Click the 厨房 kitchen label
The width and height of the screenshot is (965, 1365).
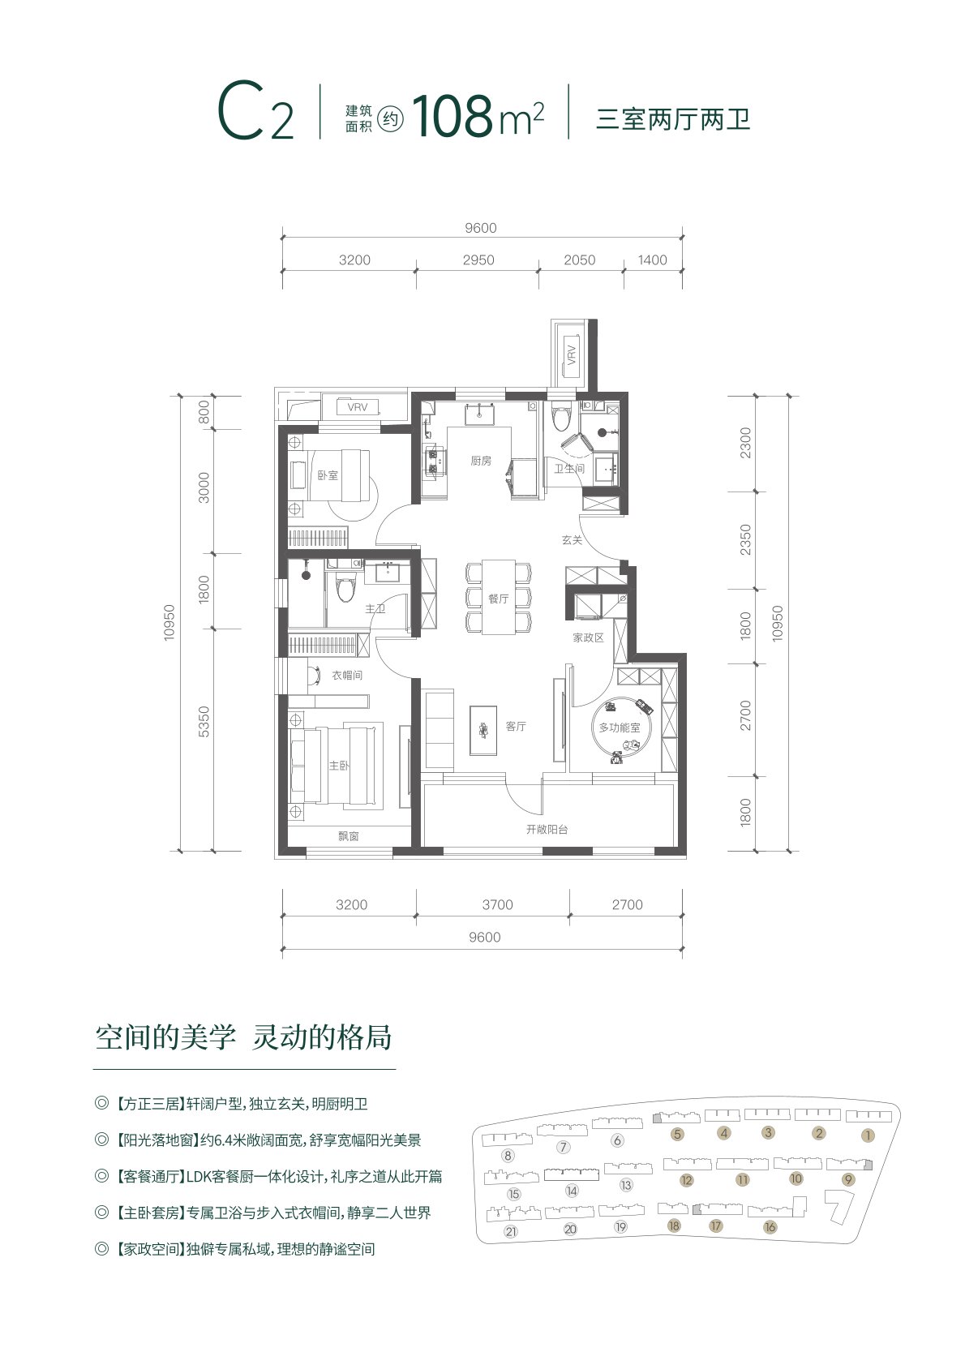click(481, 461)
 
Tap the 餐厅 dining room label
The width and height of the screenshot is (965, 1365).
click(498, 599)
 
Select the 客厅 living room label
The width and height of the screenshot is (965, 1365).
click(516, 726)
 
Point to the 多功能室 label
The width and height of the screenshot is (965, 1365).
click(620, 728)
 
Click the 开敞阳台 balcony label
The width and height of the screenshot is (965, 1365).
click(547, 829)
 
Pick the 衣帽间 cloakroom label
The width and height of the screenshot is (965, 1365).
click(346, 675)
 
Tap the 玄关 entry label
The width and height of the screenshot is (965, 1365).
click(572, 539)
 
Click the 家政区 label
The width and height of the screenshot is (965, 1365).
click(588, 637)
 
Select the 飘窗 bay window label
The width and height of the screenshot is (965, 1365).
click(349, 837)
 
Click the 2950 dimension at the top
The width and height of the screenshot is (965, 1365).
click(478, 260)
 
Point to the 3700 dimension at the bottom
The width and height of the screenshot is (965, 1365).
click(497, 904)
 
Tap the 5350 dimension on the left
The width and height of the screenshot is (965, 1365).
click(204, 722)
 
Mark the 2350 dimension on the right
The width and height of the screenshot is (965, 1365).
click(746, 539)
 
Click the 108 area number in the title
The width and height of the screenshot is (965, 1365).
click(452, 116)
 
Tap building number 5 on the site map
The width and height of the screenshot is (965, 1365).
click(677, 1134)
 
